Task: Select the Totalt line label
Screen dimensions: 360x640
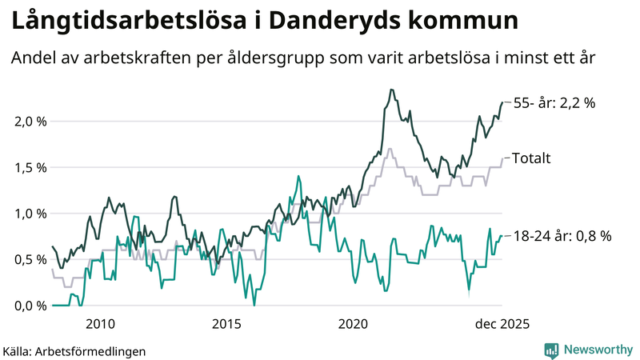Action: click(x=531, y=158)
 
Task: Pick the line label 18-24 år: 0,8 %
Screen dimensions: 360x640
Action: click(x=562, y=236)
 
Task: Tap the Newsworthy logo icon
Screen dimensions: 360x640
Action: click(x=551, y=350)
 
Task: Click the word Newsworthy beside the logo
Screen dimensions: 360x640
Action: click(x=597, y=350)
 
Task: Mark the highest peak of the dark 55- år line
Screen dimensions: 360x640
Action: click(x=391, y=90)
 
